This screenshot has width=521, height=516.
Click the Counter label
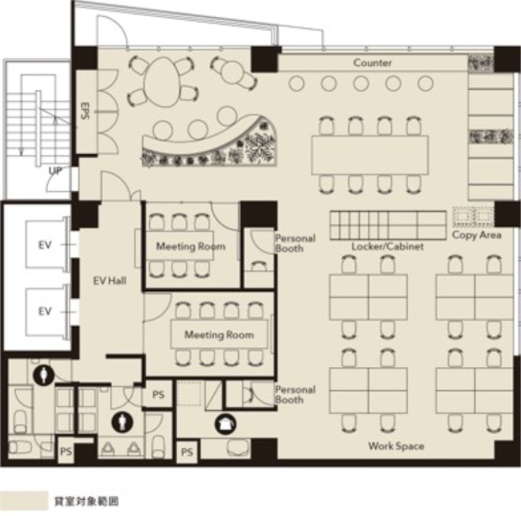click(x=372, y=63)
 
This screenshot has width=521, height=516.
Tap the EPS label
click(x=85, y=110)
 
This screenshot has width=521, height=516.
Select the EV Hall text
click(x=110, y=281)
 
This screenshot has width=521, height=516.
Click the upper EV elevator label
click(x=45, y=245)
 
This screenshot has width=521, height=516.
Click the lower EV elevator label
click(x=45, y=312)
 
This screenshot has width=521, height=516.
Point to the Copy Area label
click(x=476, y=235)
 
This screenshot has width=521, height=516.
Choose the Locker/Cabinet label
click(x=387, y=247)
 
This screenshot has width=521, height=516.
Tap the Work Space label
click(x=396, y=446)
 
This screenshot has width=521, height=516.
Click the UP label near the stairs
click(x=55, y=171)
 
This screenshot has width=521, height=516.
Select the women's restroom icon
click(x=122, y=422)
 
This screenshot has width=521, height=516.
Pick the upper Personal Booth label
click(x=295, y=243)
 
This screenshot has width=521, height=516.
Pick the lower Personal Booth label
click(x=295, y=394)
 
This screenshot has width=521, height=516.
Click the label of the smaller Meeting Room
click(x=191, y=247)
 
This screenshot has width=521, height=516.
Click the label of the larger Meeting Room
click(x=219, y=334)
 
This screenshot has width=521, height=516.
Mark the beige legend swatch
click(x=24, y=501)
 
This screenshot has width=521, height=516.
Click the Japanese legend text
click(x=86, y=501)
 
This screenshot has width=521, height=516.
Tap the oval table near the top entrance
click(x=163, y=81)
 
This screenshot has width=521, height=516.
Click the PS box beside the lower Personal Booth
click(x=158, y=394)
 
